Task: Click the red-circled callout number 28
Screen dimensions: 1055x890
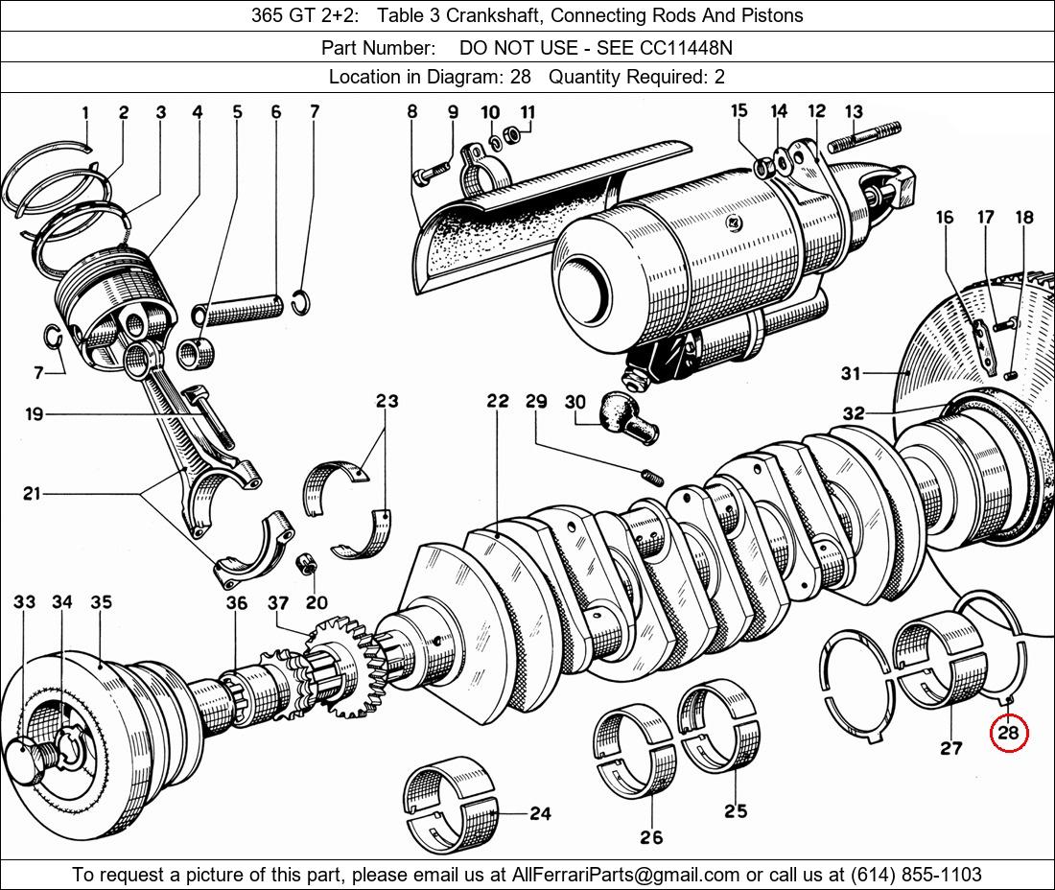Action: (1009, 732)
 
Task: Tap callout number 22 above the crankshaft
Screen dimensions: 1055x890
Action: (498, 401)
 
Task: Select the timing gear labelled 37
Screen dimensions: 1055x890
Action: (343, 666)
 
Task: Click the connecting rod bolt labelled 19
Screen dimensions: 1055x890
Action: (213, 417)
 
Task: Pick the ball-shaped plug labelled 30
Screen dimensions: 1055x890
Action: (628, 417)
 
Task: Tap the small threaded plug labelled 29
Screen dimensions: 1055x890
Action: (652, 477)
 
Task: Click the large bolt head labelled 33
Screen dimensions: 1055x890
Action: (26, 761)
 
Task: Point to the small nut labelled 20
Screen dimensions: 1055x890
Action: (308, 564)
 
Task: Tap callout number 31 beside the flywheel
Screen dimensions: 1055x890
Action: (851, 373)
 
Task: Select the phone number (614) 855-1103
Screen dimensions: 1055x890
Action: (916, 875)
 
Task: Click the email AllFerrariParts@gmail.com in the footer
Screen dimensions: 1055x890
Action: (625, 875)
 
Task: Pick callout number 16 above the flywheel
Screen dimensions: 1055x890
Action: (944, 217)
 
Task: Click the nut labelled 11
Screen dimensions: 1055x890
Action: (512, 136)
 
